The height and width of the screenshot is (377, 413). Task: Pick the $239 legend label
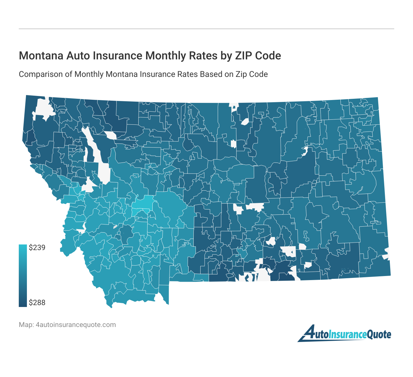click(x=37, y=248)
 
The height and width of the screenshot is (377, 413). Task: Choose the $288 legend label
click(x=37, y=303)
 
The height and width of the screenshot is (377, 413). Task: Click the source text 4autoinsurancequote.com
click(x=76, y=325)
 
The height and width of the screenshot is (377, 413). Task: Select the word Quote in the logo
click(x=379, y=335)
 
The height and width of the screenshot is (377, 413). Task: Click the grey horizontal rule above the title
click(x=206, y=29)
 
